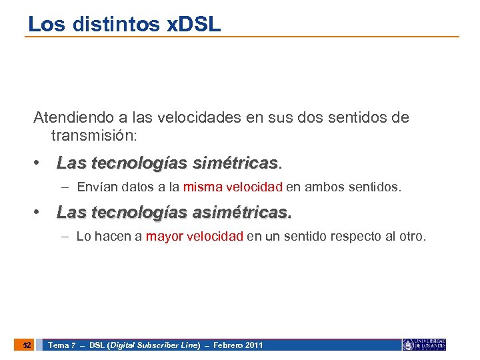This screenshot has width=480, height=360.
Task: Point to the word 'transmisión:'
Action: pyautogui.click(x=93, y=135)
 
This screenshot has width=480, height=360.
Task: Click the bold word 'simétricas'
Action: pyautogui.click(x=235, y=163)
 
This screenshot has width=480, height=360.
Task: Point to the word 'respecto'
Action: pyautogui.click(x=351, y=237)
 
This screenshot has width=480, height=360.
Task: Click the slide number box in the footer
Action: pyautogui.click(x=25, y=345)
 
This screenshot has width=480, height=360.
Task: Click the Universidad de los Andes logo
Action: pyautogui.click(x=424, y=345)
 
